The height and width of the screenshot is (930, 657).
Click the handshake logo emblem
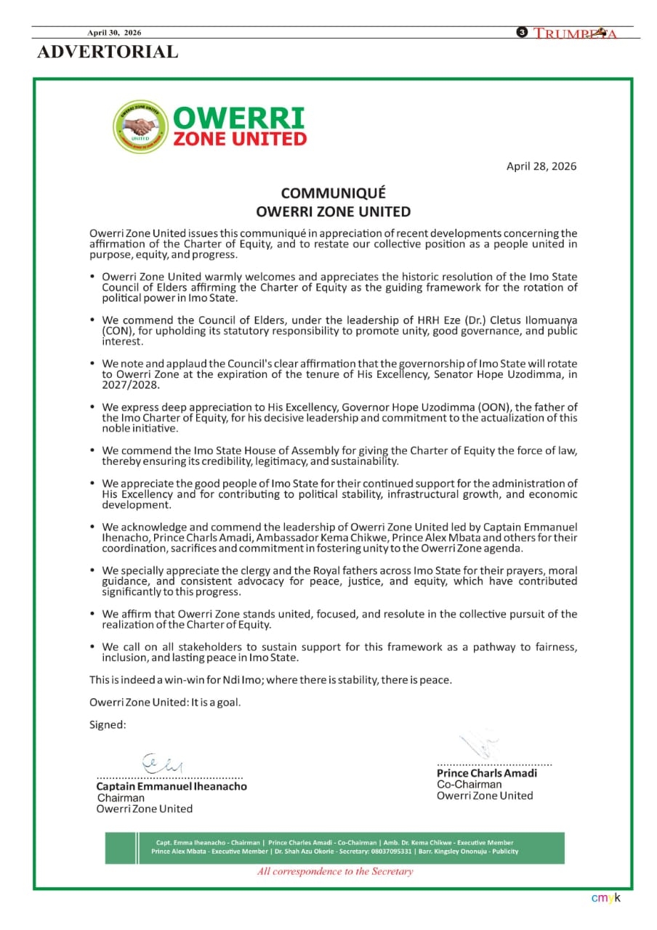click(x=140, y=126)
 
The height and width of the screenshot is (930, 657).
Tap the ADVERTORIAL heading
click(x=107, y=52)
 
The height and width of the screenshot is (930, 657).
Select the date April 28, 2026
click(x=541, y=166)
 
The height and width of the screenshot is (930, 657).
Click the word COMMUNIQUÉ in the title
click(x=334, y=193)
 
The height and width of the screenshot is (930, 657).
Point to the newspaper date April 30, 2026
click(x=114, y=33)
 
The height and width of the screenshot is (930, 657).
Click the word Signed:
click(x=108, y=724)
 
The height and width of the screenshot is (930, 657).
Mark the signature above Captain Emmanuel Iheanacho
click(x=164, y=763)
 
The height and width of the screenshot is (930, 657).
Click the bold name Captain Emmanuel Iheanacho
click(x=172, y=786)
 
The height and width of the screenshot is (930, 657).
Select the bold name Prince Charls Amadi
click(x=487, y=773)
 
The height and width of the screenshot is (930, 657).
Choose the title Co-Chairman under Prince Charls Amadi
click(x=469, y=785)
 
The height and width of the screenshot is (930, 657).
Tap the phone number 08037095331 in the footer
click(x=391, y=852)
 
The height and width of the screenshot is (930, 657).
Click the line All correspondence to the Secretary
click(x=335, y=871)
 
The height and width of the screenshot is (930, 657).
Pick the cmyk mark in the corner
click(x=605, y=898)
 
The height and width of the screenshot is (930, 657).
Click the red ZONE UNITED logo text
click(x=239, y=138)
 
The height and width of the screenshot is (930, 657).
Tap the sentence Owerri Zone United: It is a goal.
click(x=165, y=703)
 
